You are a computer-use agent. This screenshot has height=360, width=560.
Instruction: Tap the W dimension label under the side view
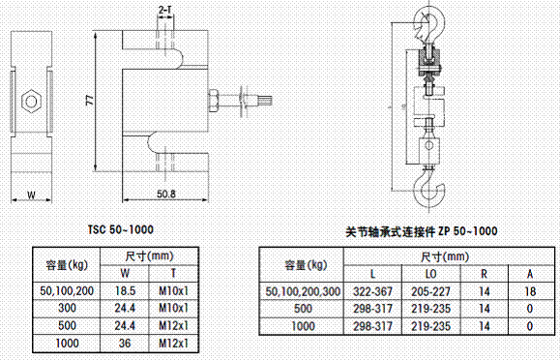pos(31,195)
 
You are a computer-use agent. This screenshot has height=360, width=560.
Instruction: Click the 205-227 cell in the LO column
pos(428,290)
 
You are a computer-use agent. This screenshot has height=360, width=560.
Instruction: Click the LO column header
pos(428,274)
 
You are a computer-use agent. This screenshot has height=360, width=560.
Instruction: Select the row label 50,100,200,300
pos(304,290)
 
